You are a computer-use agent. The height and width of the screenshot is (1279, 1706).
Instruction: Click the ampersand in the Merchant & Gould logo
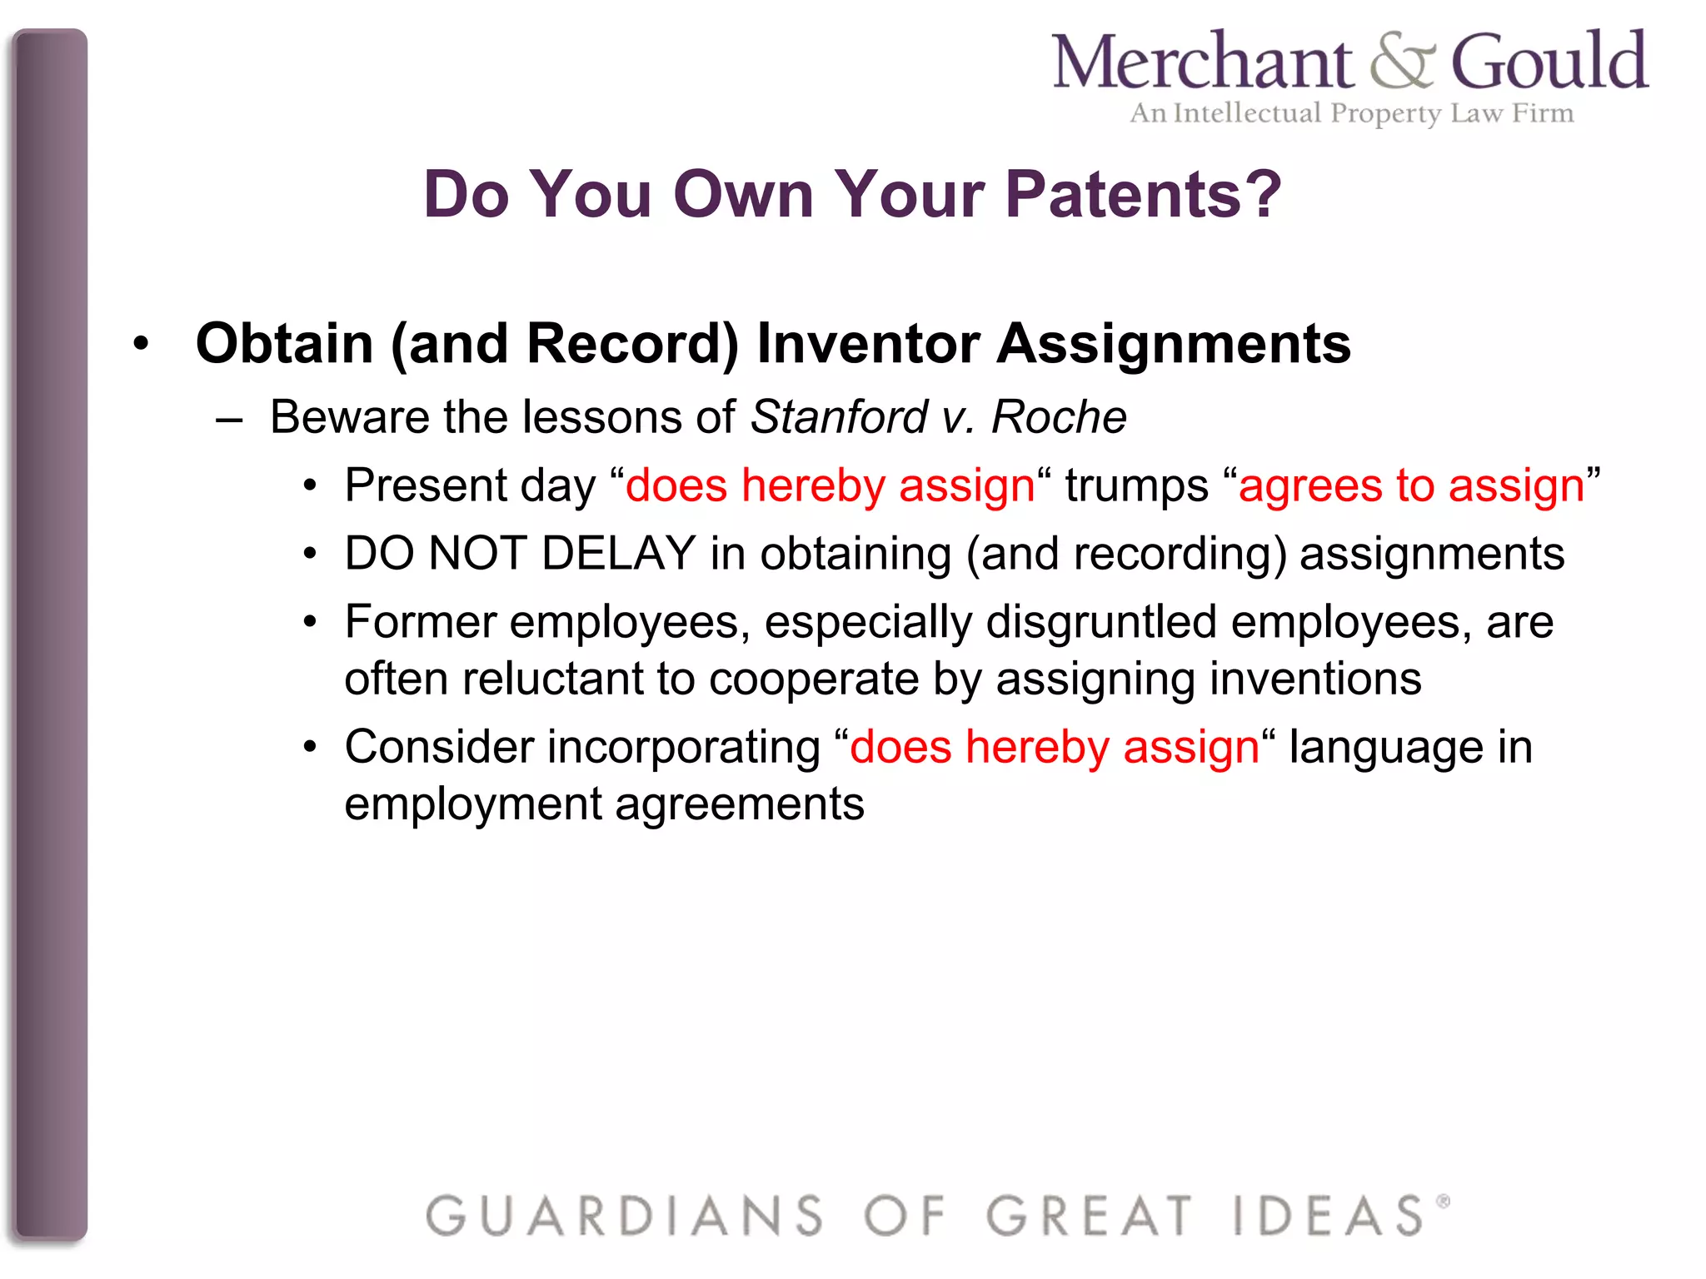pos(1402,62)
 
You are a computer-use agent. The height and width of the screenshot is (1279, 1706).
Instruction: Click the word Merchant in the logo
pos(1202,62)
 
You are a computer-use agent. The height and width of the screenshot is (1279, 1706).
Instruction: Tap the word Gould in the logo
pos(1549,62)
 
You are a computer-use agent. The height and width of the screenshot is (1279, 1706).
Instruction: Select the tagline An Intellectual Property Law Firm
pos(1351,113)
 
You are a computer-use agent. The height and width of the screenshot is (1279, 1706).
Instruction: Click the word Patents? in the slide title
pos(1143,194)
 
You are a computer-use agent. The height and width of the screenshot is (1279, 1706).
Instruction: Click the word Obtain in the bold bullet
pos(284,343)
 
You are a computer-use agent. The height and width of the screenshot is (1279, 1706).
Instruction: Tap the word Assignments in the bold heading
pos(1174,343)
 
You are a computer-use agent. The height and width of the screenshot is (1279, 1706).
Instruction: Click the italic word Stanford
pos(839,416)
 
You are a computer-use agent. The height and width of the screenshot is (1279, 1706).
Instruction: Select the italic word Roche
pos(1058,416)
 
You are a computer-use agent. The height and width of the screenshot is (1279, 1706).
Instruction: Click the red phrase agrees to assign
pos(1411,485)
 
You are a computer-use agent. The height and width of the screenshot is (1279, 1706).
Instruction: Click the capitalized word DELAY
pos(618,554)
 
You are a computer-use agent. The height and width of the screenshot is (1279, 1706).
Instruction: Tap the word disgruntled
pos(1101,623)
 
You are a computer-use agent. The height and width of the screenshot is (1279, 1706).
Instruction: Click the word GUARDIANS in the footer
pos(624,1216)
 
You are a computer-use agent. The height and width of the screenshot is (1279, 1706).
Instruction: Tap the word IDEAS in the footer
pos(1329,1216)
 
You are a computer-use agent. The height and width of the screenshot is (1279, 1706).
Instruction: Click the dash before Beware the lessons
pos(229,419)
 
